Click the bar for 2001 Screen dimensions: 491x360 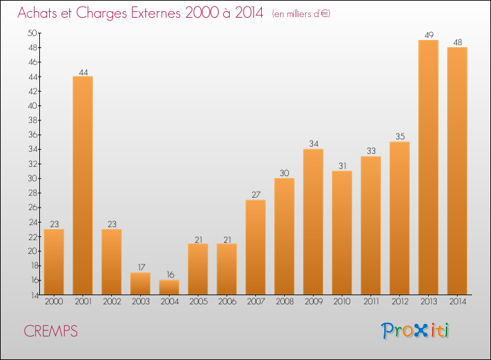82,185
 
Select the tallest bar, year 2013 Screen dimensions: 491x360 428,167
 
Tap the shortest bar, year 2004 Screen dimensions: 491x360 169,287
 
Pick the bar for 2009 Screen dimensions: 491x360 313,222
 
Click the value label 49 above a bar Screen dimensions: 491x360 429,35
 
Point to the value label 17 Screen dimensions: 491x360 141,267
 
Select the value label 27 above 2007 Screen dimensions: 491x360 256,194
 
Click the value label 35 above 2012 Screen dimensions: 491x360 400,137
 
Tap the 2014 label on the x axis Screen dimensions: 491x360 458,302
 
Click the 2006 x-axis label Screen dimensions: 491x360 227,302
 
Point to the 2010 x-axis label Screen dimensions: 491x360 342,302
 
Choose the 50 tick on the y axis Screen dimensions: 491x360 32,33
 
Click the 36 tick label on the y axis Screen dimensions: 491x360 33,135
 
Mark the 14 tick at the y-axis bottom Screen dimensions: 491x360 34,295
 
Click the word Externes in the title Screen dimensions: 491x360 156,13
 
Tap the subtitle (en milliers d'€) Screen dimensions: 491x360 301,14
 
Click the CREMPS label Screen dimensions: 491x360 50,331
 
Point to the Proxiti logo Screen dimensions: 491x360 415,331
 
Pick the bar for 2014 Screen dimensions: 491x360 457,171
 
